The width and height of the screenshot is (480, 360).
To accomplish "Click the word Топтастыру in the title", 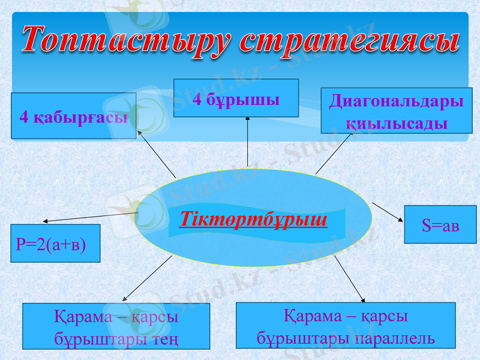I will (x=126, y=40).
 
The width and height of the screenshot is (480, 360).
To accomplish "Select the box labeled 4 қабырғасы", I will (x=73, y=116).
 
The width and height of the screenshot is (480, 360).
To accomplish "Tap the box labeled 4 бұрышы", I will (x=236, y=98).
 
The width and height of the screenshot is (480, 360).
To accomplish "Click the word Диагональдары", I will (x=397, y=101).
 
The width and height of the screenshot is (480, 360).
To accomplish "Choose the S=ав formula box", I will (x=440, y=224).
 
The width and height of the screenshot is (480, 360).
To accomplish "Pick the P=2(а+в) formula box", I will (x=55, y=244).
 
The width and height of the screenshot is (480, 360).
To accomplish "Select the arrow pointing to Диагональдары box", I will (x=335, y=153).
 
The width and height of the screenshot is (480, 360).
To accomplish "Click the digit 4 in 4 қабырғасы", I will (x=24, y=116).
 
